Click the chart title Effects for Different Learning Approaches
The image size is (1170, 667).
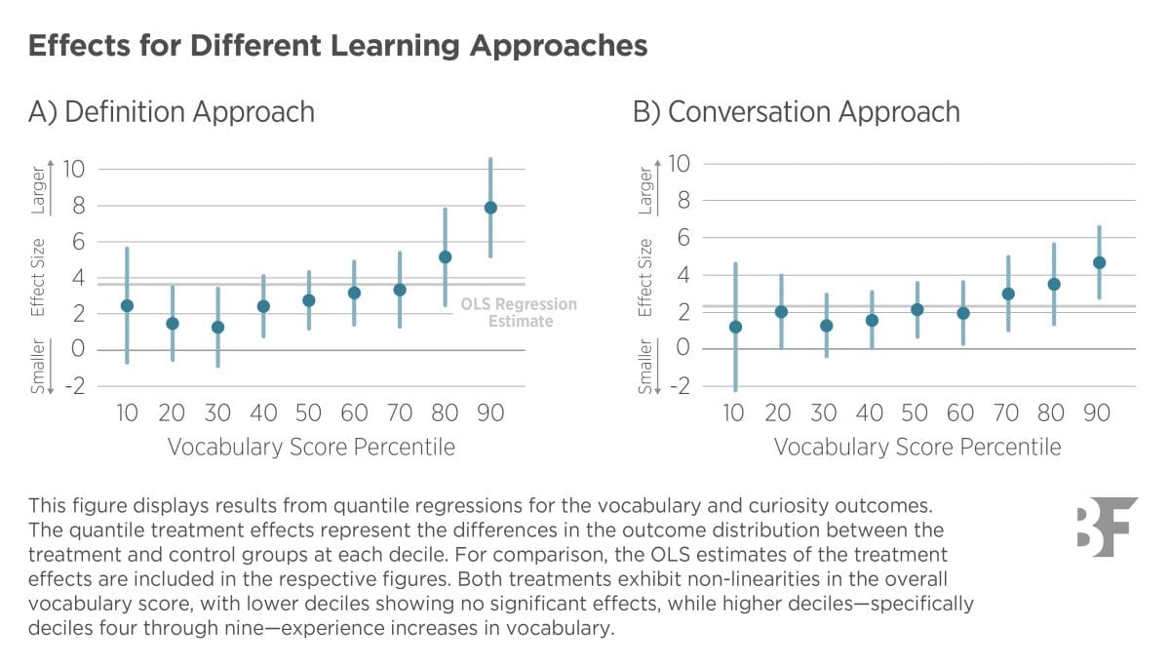[337, 46]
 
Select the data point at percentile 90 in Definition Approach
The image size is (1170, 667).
[490, 207]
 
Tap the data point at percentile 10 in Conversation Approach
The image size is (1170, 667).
[734, 327]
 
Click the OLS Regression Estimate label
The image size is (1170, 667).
[519, 312]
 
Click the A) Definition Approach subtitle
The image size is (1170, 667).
[172, 112]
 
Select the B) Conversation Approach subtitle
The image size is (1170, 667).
[797, 112]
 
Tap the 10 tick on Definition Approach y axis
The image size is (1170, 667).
[75, 169]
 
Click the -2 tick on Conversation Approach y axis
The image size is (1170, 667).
[680, 385]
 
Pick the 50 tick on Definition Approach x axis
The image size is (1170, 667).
[308, 413]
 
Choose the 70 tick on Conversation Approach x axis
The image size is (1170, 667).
[1006, 413]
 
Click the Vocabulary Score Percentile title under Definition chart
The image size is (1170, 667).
[311, 448]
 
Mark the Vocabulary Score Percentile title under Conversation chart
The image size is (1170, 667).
[917, 448]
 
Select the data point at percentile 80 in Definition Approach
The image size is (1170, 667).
[445, 257]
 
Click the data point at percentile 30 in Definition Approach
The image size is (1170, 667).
[217, 328]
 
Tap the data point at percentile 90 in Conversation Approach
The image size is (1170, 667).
[1099, 262]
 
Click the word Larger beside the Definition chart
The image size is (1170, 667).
[36, 190]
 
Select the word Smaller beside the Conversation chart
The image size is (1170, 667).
[643, 366]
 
